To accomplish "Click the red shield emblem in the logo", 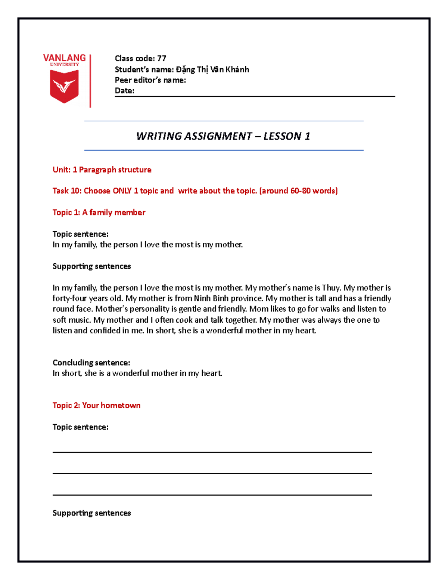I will [64, 86].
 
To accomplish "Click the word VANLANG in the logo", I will [64, 58].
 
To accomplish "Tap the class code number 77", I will [162, 58].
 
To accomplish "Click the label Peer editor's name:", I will [150, 80].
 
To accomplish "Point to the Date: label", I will [124, 91].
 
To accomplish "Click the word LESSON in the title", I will [282, 136].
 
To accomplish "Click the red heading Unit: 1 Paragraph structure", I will [102, 170].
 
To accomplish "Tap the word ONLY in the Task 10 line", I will [122, 191].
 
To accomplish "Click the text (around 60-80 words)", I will [298, 191].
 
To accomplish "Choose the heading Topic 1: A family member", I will [99, 213].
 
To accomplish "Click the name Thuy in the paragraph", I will [331, 288].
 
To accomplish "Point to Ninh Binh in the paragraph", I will [211, 298].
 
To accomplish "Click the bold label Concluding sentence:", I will [91, 363].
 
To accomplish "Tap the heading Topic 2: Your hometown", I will [96, 406].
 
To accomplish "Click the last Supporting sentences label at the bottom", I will [92, 513].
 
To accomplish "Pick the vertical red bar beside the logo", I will [90, 81].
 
